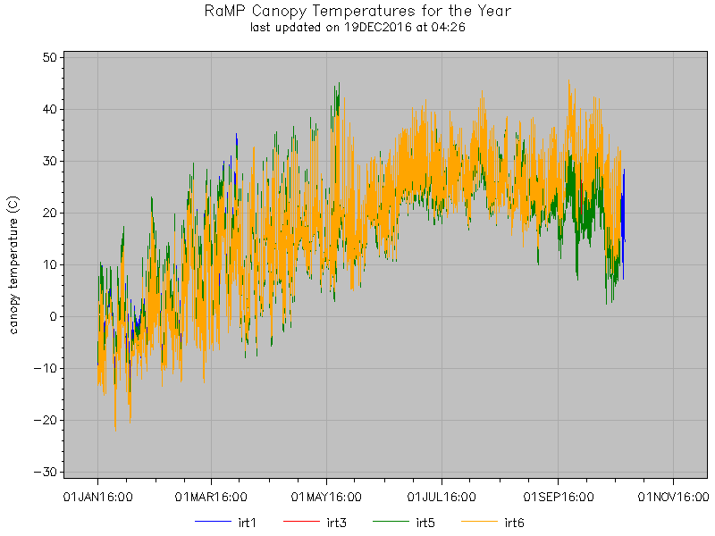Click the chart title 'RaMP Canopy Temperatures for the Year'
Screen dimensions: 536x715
pyautogui.click(x=357, y=12)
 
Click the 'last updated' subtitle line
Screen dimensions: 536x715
pyautogui.click(x=357, y=28)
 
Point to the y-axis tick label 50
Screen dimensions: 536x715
pyautogui.click(x=49, y=57)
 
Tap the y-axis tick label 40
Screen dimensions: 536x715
pyautogui.click(x=49, y=109)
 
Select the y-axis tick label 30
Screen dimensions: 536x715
pyautogui.click(x=49, y=161)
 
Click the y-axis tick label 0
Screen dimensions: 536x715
pyautogui.click(x=53, y=316)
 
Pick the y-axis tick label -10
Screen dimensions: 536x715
pyautogui.click(x=46, y=368)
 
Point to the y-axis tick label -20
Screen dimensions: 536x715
pyautogui.click(x=46, y=420)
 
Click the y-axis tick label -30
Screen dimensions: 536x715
pyautogui.click(x=46, y=472)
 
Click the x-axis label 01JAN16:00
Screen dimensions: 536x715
pyautogui.click(x=97, y=494)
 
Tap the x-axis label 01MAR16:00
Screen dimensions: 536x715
pyautogui.click(x=212, y=494)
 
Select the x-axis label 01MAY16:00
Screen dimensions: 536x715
pyautogui.click(x=327, y=494)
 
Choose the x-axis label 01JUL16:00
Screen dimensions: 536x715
pyautogui.click(x=442, y=494)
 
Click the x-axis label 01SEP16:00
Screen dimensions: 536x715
pyautogui.click(x=558, y=494)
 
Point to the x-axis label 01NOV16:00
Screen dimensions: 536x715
pyautogui.click(x=672, y=494)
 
